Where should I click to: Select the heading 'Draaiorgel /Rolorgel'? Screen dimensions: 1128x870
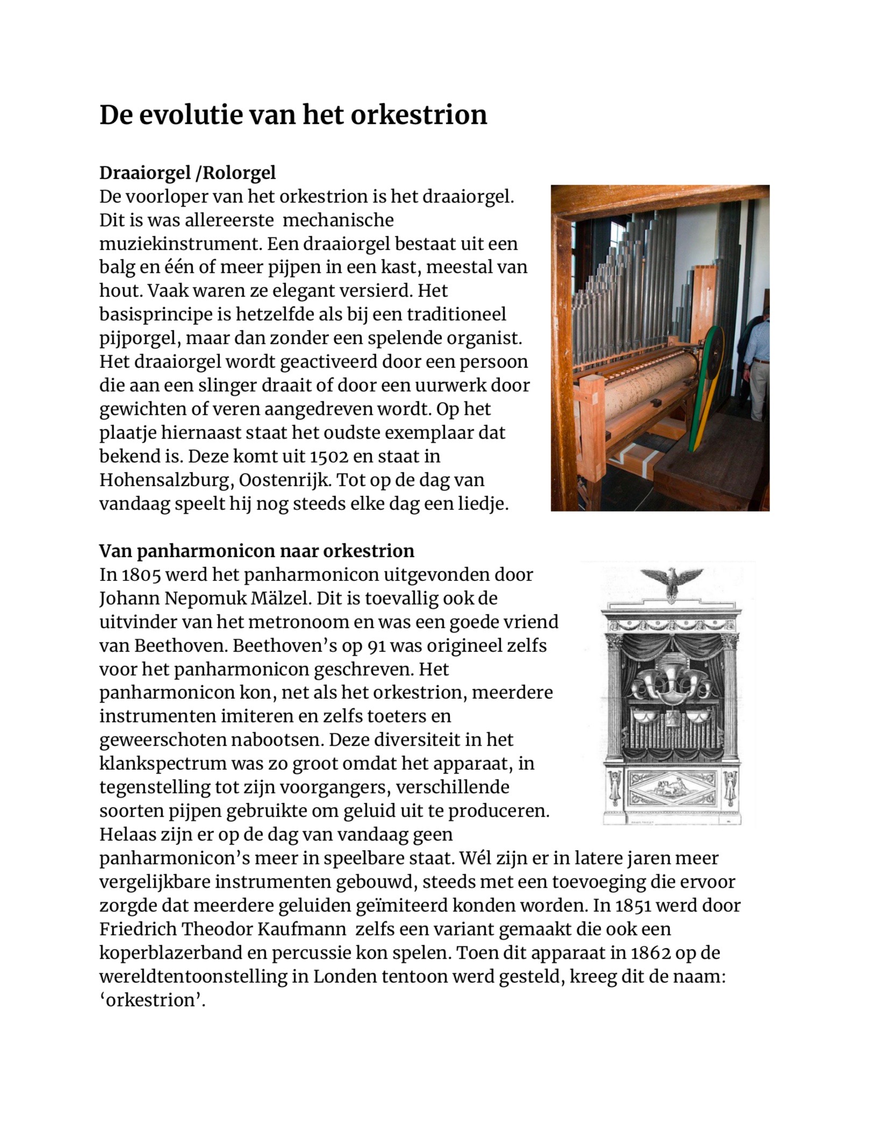click(x=187, y=173)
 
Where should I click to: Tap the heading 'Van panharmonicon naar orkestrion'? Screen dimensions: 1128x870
click(x=256, y=551)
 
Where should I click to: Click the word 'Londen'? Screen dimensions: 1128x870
click(x=345, y=976)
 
